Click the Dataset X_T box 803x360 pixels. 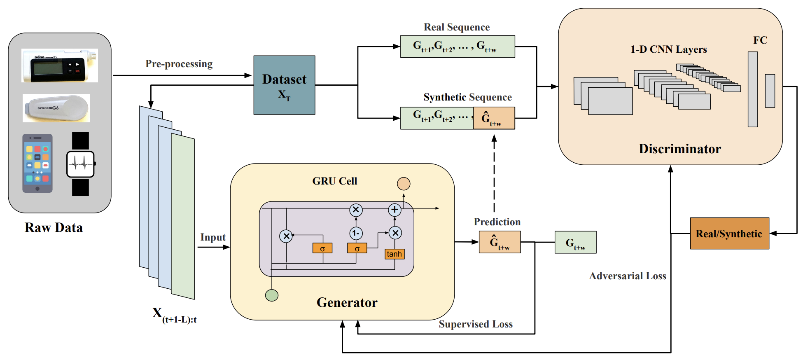[284, 85]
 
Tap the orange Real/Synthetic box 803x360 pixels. [729, 234]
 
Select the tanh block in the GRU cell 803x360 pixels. [394, 254]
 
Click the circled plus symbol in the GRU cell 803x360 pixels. [394, 210]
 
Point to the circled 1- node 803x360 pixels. [356, 233]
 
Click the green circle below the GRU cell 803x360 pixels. [272, 295]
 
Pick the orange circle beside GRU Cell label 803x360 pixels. [404, 184]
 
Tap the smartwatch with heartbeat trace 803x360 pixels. [81, 164]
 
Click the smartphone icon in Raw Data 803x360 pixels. [37, 163]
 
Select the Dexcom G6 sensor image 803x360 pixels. [56, 108]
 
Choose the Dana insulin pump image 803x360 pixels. [60, 66]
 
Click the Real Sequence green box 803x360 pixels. [457, 47]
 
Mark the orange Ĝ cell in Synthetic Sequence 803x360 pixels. [494, 118]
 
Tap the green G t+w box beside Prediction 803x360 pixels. [575, 242]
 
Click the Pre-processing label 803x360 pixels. [179, 64]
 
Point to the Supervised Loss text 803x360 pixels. [476, 324]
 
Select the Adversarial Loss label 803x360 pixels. [627, 276]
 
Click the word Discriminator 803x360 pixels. [679, 149]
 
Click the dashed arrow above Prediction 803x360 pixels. [494, 173]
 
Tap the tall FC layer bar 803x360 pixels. [753, 89]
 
